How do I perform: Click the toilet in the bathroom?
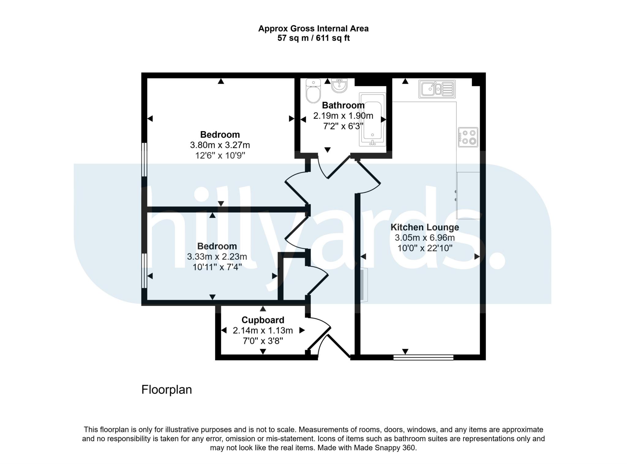[x=313, y=91]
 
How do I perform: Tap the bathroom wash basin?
[x=339, y=85]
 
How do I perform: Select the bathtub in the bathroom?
[x=372, y=119]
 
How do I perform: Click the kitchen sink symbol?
[x=437, y=89]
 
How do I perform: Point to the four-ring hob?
[x=468, y=137]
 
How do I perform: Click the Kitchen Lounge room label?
[x=425, y=227]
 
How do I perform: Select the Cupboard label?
[x=263, y=320]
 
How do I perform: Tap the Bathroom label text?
[x=343, y=105]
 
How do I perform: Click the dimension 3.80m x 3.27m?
[x=220, y=145]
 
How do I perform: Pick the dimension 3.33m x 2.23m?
[x=217, y=256]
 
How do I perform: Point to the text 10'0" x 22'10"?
[x=425, y=248]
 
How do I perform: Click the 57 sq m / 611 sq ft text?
[x=313, y=38]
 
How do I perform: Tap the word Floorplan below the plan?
[x=167, y=390]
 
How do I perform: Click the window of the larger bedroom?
[x=144, y=159]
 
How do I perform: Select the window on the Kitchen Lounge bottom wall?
[x=423, y=357]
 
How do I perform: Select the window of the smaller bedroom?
[x=144, y=271]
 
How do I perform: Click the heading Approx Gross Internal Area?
[x=313, y=29]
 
